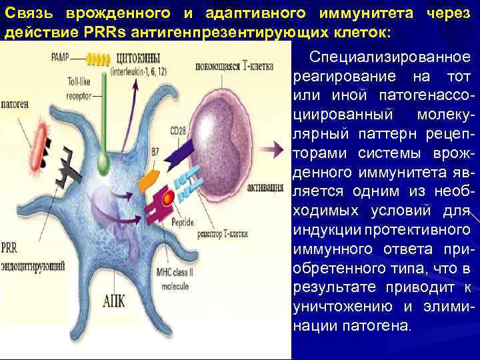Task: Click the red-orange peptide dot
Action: click(167, 198)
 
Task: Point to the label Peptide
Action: click(182, 222)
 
